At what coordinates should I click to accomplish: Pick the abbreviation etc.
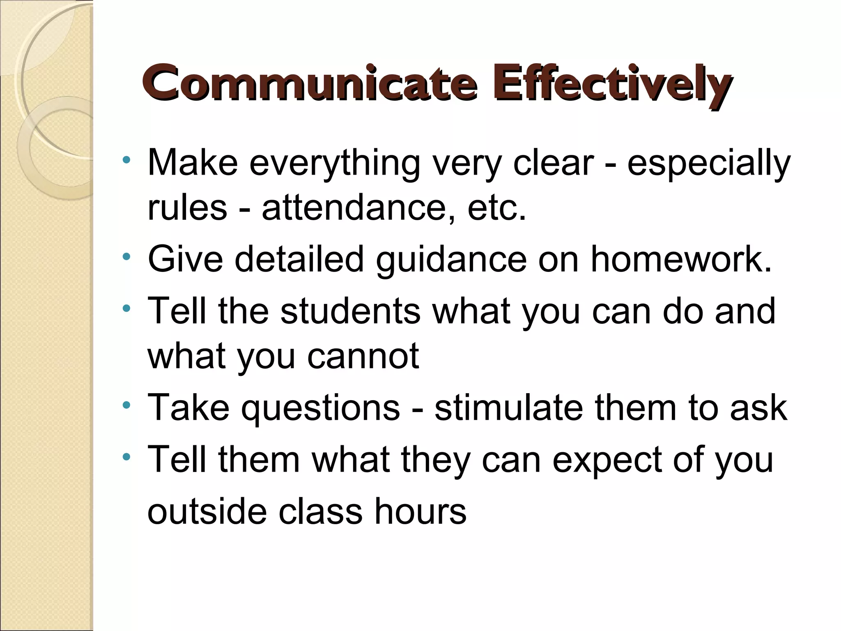497,207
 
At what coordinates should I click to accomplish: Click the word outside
207,511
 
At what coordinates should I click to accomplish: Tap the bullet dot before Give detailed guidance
126,257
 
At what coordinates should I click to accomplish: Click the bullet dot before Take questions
126,405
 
